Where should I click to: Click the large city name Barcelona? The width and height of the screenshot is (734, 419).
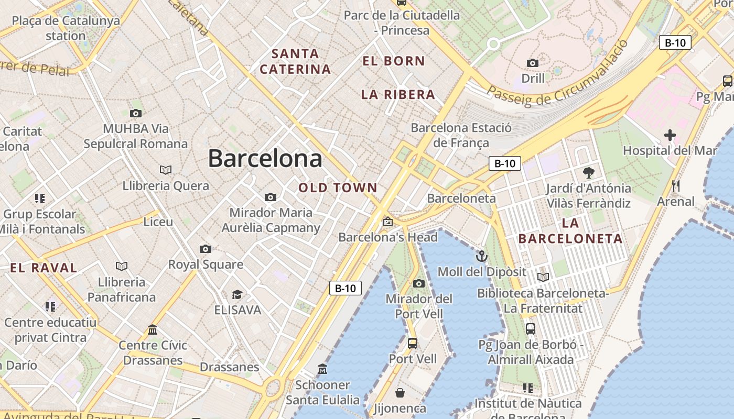(265, 158)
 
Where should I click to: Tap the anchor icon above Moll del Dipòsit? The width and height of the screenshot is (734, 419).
(481, 256)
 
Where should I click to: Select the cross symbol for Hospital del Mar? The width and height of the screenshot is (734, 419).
(670, 135)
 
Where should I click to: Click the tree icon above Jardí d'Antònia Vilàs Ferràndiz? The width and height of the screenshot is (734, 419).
(589, 172)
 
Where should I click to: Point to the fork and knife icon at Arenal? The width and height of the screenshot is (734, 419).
(676, 186)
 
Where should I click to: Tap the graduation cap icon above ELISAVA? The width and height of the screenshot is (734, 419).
(238, 294)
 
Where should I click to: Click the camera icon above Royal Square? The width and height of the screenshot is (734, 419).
(206, 249)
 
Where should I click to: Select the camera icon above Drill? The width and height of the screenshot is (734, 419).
(533, 63)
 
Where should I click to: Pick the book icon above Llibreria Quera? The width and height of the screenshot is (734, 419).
(166, 170)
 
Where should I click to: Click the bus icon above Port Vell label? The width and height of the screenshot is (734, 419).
(413, 344)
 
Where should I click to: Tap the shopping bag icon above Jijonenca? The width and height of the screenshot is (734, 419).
(400, 393)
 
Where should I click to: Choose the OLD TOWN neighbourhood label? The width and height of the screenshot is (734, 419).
(338, 188)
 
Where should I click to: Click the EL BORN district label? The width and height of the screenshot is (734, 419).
(393, 61)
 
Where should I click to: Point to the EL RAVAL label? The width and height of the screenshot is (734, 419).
(44, 268)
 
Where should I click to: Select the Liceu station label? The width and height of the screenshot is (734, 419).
(158, 222)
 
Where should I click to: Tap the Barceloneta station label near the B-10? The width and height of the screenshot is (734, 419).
(461, 198)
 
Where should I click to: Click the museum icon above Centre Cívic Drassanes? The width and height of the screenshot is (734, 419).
(153, 329)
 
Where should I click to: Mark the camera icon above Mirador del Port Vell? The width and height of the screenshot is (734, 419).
(418, 283)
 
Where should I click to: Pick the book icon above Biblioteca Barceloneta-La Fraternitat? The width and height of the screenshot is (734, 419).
(543, 277)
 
